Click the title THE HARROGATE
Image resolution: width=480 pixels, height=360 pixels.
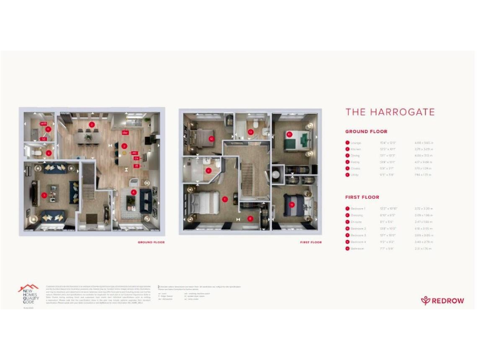click(390, 112)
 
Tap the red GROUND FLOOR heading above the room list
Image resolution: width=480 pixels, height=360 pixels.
click(366, 132)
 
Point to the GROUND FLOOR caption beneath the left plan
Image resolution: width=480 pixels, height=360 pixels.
click(151, 242)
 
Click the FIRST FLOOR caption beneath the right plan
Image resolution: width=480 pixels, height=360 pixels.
click(311, 242)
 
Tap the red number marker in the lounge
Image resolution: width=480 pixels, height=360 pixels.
click(44, 196)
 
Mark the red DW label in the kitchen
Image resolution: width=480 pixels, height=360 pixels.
click(126, 133)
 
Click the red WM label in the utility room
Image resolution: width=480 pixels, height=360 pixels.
click(43, 124)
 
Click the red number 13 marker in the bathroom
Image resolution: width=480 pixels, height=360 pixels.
click(251, 132)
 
